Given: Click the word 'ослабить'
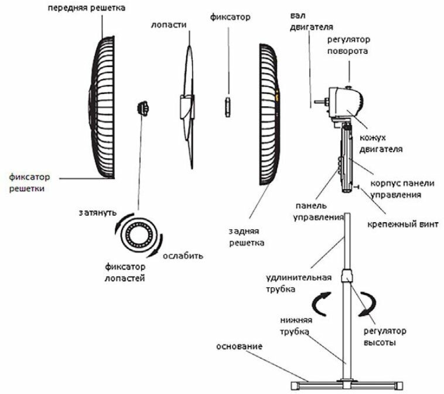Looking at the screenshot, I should pyautogui.click(x=183, y=256).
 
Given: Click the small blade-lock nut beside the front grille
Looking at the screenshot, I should pyautogui.click(x=142, y=108).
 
